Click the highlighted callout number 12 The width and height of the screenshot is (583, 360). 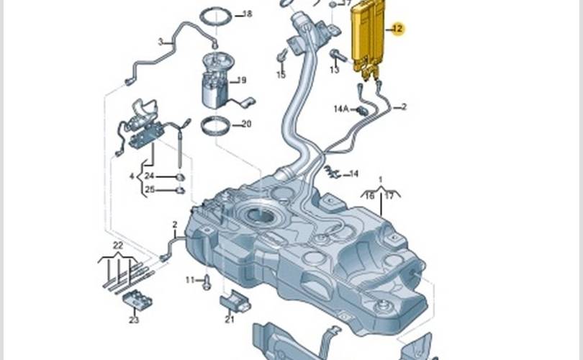397,29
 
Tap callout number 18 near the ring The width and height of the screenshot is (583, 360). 248,14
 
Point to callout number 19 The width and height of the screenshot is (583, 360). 241,80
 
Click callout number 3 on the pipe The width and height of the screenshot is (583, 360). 161,42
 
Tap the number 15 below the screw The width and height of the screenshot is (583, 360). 281,75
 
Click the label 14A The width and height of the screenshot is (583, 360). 341,109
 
